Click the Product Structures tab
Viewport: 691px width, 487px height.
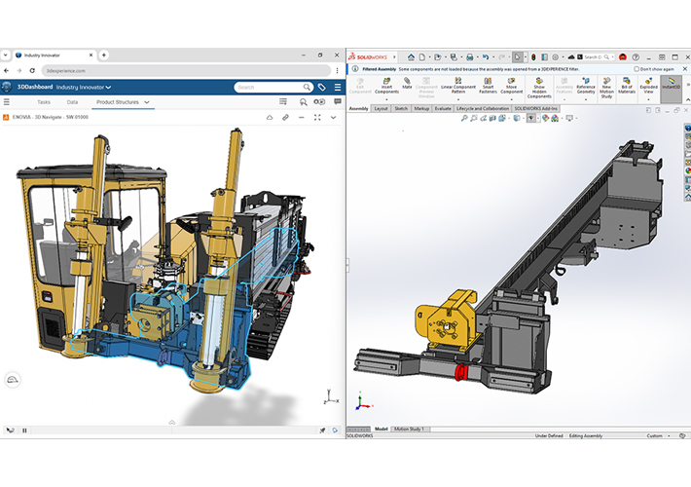point(123,101)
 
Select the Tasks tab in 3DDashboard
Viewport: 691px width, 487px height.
point(44,101)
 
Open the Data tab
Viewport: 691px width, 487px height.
point(72,101)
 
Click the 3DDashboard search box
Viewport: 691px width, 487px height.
point(269,87)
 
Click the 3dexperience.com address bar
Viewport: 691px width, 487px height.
point(97,71)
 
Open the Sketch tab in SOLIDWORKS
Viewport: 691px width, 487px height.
point(400,108)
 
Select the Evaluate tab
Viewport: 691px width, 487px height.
point(443,108)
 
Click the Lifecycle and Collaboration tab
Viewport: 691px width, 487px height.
point(484,108)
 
